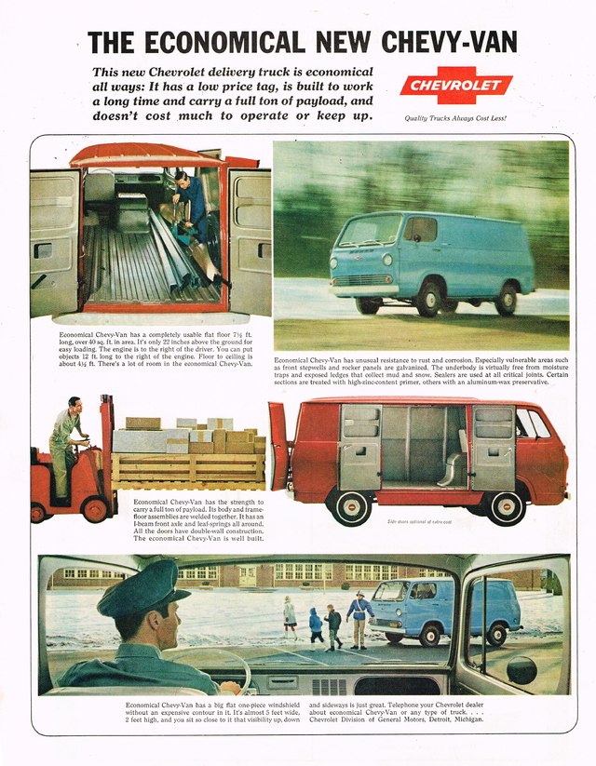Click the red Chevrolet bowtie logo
456,87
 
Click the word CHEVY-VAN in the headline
444,42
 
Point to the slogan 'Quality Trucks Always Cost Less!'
455,118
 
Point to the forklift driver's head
74,406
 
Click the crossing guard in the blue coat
359,615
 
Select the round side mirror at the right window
521,668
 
